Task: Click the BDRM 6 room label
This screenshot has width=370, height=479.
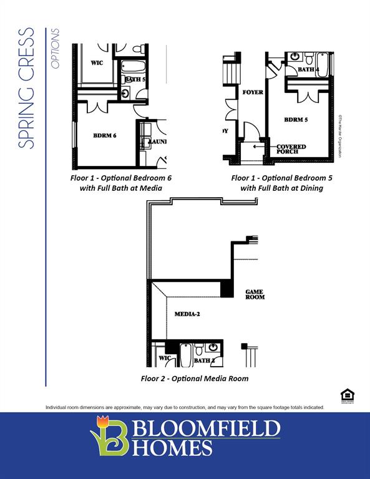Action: (x=105, y=135)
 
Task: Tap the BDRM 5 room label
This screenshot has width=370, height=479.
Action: (x=296, y=119)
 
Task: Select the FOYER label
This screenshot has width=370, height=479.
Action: (x=253, y=92)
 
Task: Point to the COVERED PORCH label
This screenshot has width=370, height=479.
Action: (x=291, y=149)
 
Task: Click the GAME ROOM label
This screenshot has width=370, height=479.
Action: (x=255, y=294)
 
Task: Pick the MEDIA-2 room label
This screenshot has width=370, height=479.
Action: (x=187, y=314)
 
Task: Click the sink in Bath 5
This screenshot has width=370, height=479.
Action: (x=125, y=94)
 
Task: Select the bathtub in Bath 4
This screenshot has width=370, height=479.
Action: (x=322, y=64)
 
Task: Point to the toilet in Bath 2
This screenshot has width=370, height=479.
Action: (x=198, y=349)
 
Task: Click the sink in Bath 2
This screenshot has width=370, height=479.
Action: (x=213, y=347)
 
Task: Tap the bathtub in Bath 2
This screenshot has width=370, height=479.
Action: (x=186, y=354)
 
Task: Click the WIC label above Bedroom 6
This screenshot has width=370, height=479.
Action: (x=97, y=63)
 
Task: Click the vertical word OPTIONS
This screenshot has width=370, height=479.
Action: (x=56, y=48)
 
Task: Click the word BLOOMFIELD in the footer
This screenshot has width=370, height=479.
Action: (x=205, y=429)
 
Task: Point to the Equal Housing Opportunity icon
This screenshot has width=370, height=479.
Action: (x=348, y=395)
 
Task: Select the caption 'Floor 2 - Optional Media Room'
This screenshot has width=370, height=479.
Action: (x=195, y=379)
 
